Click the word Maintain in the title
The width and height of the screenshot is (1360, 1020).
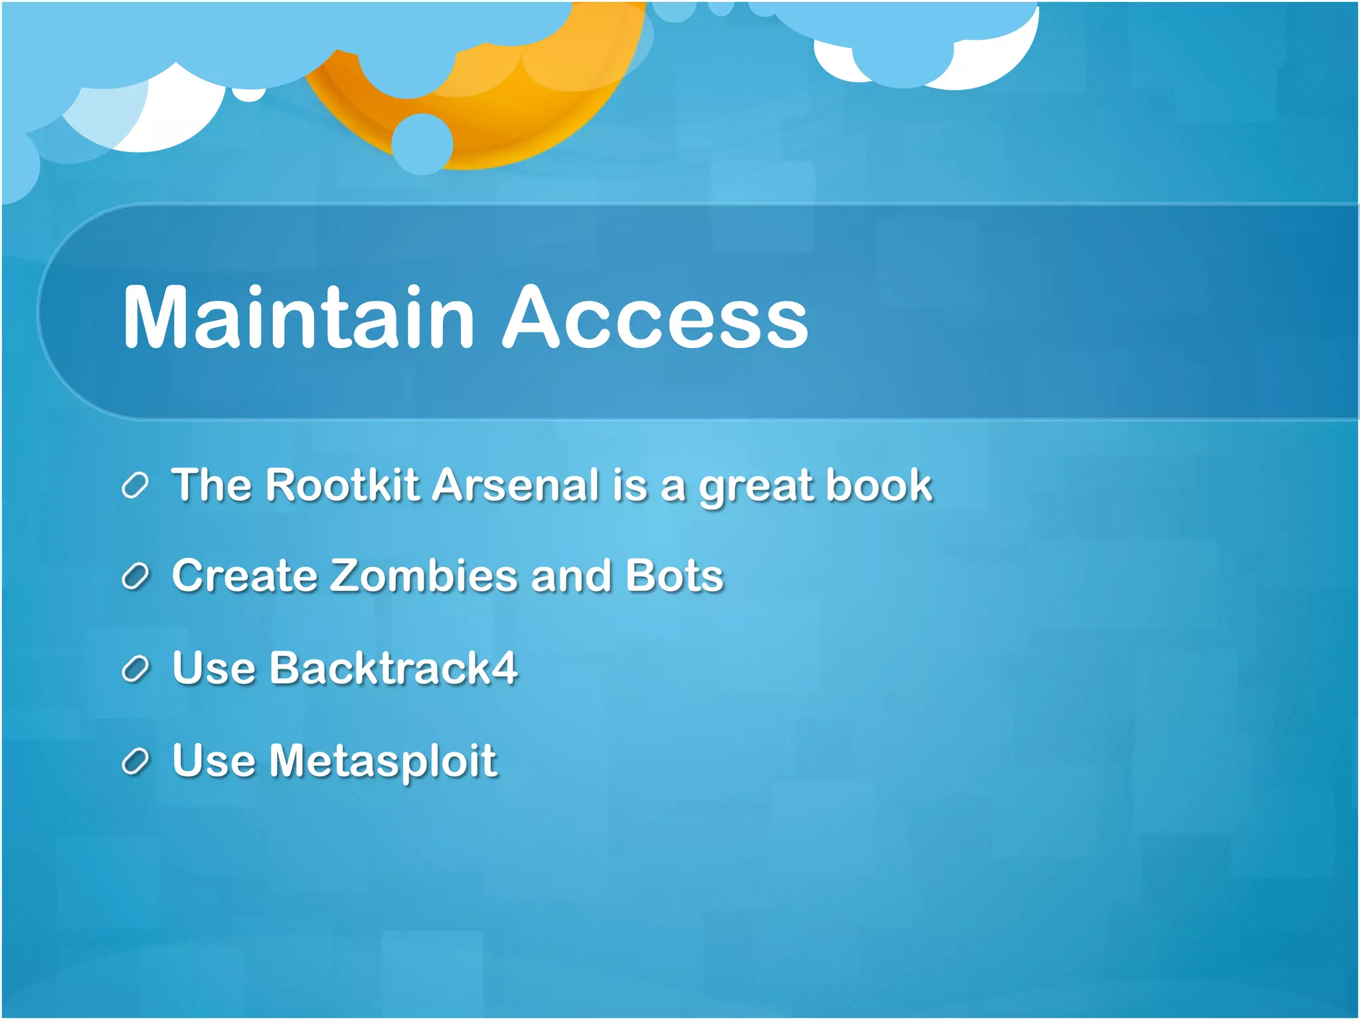point(299,317)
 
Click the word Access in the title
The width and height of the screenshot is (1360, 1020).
point(655,317)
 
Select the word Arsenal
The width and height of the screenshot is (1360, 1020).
point(516,485)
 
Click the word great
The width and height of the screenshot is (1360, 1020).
point(756,488)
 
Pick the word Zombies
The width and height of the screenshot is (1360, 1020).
point(424,575)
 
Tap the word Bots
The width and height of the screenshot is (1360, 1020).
point(674,575)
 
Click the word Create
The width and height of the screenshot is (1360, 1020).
point(244,575)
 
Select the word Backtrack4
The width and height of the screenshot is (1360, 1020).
point(393,667)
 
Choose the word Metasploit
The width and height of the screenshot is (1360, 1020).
point(382,760)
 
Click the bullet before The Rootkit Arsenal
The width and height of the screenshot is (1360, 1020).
point(135,486)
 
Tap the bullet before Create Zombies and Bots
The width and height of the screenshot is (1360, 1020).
point(135,576)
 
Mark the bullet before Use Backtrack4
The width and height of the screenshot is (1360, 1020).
point(135,669)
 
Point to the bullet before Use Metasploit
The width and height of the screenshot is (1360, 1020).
point(135,762)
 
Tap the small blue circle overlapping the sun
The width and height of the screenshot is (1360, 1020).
point(422,143)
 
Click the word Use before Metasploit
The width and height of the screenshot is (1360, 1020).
point(213,760)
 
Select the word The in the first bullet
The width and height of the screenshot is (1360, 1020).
point(211,485)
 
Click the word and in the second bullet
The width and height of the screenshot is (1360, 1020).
point(570,575)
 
